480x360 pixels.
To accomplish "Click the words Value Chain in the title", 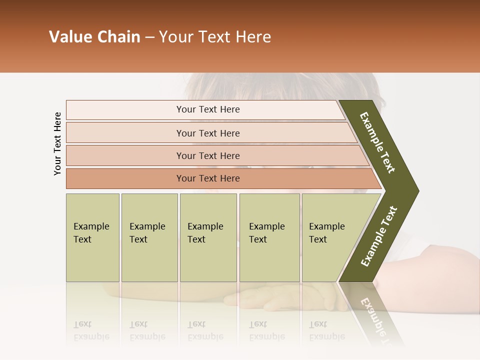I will point(94,37).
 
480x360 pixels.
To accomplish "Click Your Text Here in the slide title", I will point(215,37).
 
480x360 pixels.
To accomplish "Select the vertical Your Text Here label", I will point(57,143).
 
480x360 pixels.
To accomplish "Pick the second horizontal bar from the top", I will point(207,133).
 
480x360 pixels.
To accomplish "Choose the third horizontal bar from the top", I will point(207,155).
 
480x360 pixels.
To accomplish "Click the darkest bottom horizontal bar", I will point(207,178).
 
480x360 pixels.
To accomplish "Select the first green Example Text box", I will point(92,237).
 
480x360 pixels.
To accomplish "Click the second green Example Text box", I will point(149,237).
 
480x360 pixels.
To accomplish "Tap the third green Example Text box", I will point(208,237).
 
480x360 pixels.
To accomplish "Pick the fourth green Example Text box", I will point(269,237).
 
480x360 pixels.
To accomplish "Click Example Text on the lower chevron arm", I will point(379,236).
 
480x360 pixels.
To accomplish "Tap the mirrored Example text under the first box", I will point(91,331).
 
